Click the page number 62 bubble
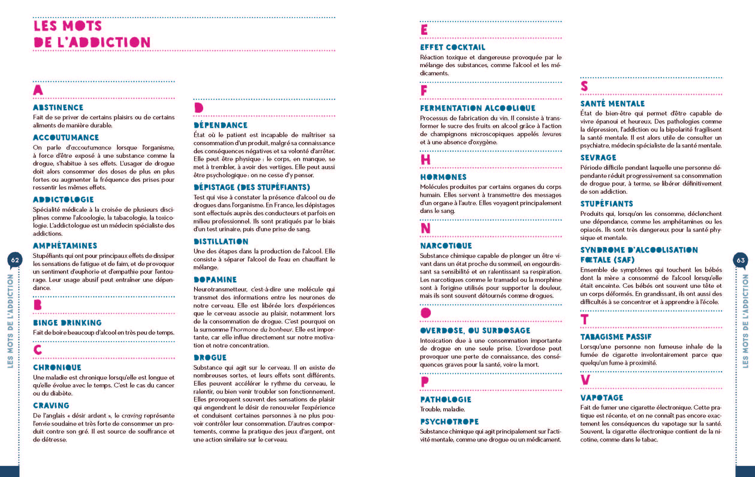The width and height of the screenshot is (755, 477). [15, 260]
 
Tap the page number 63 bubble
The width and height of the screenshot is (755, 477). [741, 260]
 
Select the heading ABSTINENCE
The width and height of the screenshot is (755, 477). [58, 108]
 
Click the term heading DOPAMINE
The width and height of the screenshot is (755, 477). [215, 280]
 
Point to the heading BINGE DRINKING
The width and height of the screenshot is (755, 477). [67, 323]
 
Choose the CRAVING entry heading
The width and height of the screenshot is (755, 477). [51, 405]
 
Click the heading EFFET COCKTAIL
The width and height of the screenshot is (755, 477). [452, 47]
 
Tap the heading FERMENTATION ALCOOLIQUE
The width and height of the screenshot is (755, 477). [478, 108]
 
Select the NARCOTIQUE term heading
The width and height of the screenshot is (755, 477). [446, 246]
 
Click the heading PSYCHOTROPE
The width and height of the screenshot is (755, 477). [449, 422]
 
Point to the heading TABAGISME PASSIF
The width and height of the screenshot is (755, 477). [616, 337]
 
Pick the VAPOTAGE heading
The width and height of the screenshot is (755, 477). [602, 398]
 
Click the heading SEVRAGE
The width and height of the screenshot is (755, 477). [598, 157]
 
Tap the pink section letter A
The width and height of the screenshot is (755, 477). [38, 90]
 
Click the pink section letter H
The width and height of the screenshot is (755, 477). [425, 160]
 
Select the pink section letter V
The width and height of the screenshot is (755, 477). [585, 380]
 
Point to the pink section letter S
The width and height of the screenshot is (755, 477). [584, 86]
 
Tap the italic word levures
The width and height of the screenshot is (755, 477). [552, 134]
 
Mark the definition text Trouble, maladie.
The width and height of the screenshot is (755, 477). [443, 409]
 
